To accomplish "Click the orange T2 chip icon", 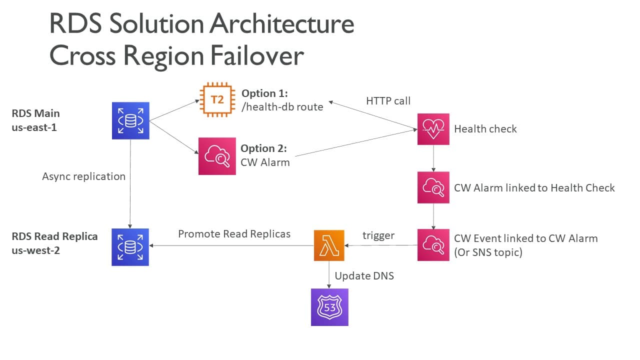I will (216, 100).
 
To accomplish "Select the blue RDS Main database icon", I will (130, 120).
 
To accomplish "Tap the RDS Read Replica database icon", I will (130, 247).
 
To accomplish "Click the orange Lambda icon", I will (329, 245).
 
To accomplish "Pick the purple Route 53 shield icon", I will (329, 307).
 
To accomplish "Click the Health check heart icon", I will (433, 129).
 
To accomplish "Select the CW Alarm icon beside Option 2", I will (217, 156).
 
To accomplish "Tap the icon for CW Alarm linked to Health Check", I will (433, 187).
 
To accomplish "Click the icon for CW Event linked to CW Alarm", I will (433, 245).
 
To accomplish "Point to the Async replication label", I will (83, 176).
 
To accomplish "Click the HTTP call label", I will (388, 101).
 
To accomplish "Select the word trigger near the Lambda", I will (378, 235).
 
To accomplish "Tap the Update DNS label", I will (364, 275).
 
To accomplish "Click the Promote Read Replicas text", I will (234, 233).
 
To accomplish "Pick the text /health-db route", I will (282, 106).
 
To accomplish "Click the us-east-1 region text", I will (34, 127).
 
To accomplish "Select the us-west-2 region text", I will (35, 250).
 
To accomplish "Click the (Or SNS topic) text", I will (488, 252).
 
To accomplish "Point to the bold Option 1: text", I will (265, 93).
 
